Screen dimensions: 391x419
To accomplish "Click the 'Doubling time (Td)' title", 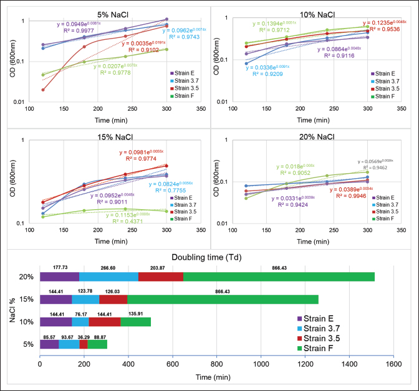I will coord(210,257).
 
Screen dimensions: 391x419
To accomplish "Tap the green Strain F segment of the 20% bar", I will coord(279,276).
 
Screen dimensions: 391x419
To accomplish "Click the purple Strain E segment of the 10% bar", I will coord(55,323).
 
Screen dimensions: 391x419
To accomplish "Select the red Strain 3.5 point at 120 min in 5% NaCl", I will coord(43,90).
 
